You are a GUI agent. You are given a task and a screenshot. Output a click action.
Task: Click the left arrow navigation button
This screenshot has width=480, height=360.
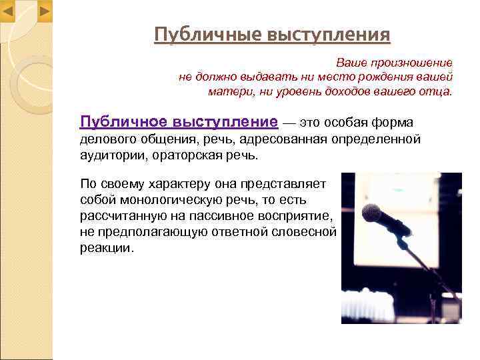(x=9, y=11)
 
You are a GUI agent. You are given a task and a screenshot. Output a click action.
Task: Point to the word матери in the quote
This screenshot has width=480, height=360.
(x=229, y=91)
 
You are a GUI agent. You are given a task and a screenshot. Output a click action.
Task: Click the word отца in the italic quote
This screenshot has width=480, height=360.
(x=436, y=91)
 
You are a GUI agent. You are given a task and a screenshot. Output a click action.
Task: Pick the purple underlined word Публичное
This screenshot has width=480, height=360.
(x=123, y=122)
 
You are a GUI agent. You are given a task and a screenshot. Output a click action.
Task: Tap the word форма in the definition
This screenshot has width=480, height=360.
(x=394, y=123)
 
